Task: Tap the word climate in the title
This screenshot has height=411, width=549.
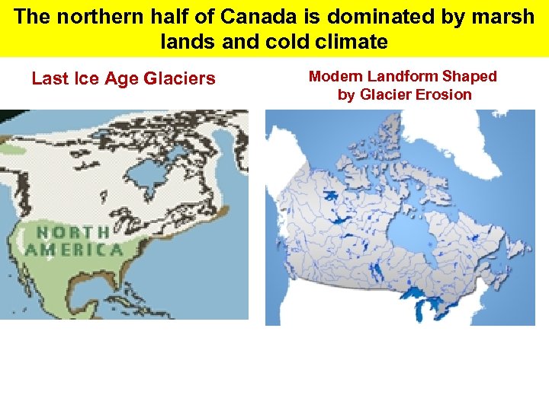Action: (347, 42)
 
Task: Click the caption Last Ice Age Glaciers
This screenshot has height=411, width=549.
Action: (124, 78)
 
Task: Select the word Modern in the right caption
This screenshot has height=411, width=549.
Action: (335, 76)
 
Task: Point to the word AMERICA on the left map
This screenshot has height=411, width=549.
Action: (74, 249)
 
